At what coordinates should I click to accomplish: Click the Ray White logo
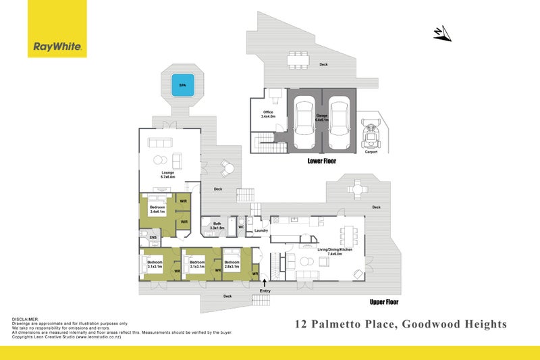click(x=57, y=47)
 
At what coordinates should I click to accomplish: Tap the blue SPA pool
click(x=182, y=86)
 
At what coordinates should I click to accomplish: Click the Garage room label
click(x=322, y=118)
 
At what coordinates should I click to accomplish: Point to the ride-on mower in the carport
click(x=371, y=134)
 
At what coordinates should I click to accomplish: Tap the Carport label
click(x=371, y=152)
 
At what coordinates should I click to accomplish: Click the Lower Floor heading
click(x=321, y=162)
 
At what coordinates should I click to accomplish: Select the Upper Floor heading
click(x=385, y=302)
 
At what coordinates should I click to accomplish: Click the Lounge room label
click(x=168, y=174)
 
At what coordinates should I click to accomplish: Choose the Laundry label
click(x=261, y=230)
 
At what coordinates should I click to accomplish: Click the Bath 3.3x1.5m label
click(x=217, y=226)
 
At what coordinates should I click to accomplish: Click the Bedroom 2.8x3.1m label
click(x=232, y=264)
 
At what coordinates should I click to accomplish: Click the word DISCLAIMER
click(x=25, y=319)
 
